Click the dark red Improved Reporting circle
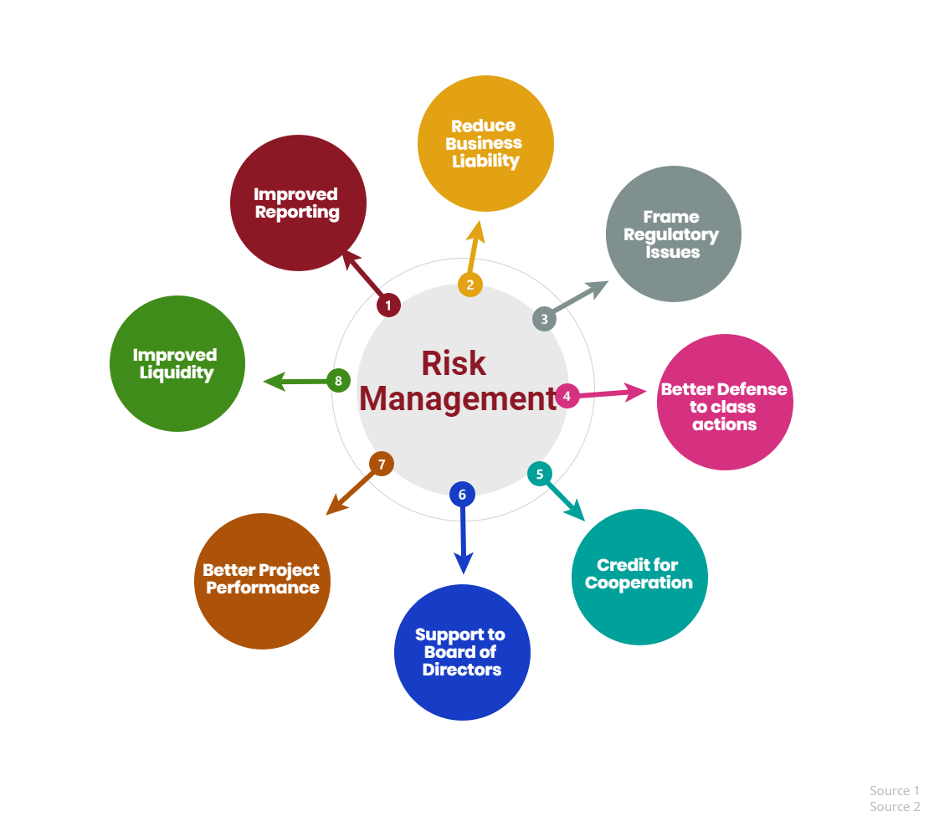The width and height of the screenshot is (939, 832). [298, 203]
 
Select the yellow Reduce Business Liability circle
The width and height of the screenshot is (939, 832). [485, 144]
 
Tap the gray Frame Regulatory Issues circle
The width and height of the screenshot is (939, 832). [674, 234]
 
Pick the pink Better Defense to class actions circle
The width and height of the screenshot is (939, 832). [726, 402]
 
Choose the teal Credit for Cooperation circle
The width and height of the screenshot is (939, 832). [639, 577]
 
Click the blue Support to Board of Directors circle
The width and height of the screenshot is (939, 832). [462, 652]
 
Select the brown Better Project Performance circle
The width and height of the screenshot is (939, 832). [262, 581]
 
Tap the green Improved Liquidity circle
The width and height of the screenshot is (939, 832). [177, 363]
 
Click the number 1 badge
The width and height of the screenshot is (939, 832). [388, 306]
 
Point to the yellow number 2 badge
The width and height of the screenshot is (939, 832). [470, 285]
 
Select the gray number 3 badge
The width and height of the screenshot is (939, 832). [544, 319]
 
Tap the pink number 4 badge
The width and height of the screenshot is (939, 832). [567, 396]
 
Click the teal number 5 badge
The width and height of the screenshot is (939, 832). [540, 474]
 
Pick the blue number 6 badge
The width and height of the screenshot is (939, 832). [462, 494]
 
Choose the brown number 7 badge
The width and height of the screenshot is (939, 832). [382, 464]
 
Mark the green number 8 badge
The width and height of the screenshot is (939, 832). [338, 380]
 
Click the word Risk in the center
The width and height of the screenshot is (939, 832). [454, 363]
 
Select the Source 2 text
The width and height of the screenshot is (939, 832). [895, 807]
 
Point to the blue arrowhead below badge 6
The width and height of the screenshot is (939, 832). [463, 563]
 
